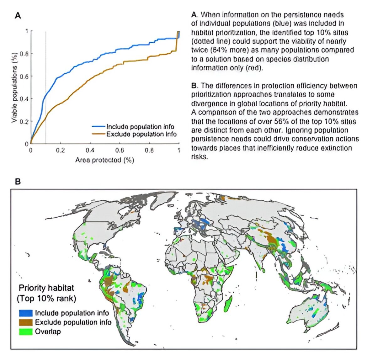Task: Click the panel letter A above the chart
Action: pyautogui.click(x=18, y=15)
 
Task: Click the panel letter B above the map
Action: pyautogui.click(x=18, y=181)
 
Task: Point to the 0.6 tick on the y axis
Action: pyautogui.click(x=24, y=76)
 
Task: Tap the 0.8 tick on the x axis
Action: pyautogui.click(x=149, y=150)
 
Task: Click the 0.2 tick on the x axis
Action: pyautogui.click(x=60, y=150)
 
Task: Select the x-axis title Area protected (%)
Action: pyautogui.click(x=104, y=160)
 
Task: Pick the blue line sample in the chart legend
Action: pyautogui.click(x=98, y=127)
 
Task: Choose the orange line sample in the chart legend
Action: pyautogui.click(x=98, y=134)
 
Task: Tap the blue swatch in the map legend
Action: pyautogui.click(x=26, y=313)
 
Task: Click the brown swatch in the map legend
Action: pyautogui.click(x=26, y=322)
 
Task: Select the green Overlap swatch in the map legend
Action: pyautogui.click(x=26, y=331)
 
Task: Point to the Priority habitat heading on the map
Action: pyautogui.click(x=46, y=288)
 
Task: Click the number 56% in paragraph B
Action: pyautogui.click(x=284, y=121)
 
